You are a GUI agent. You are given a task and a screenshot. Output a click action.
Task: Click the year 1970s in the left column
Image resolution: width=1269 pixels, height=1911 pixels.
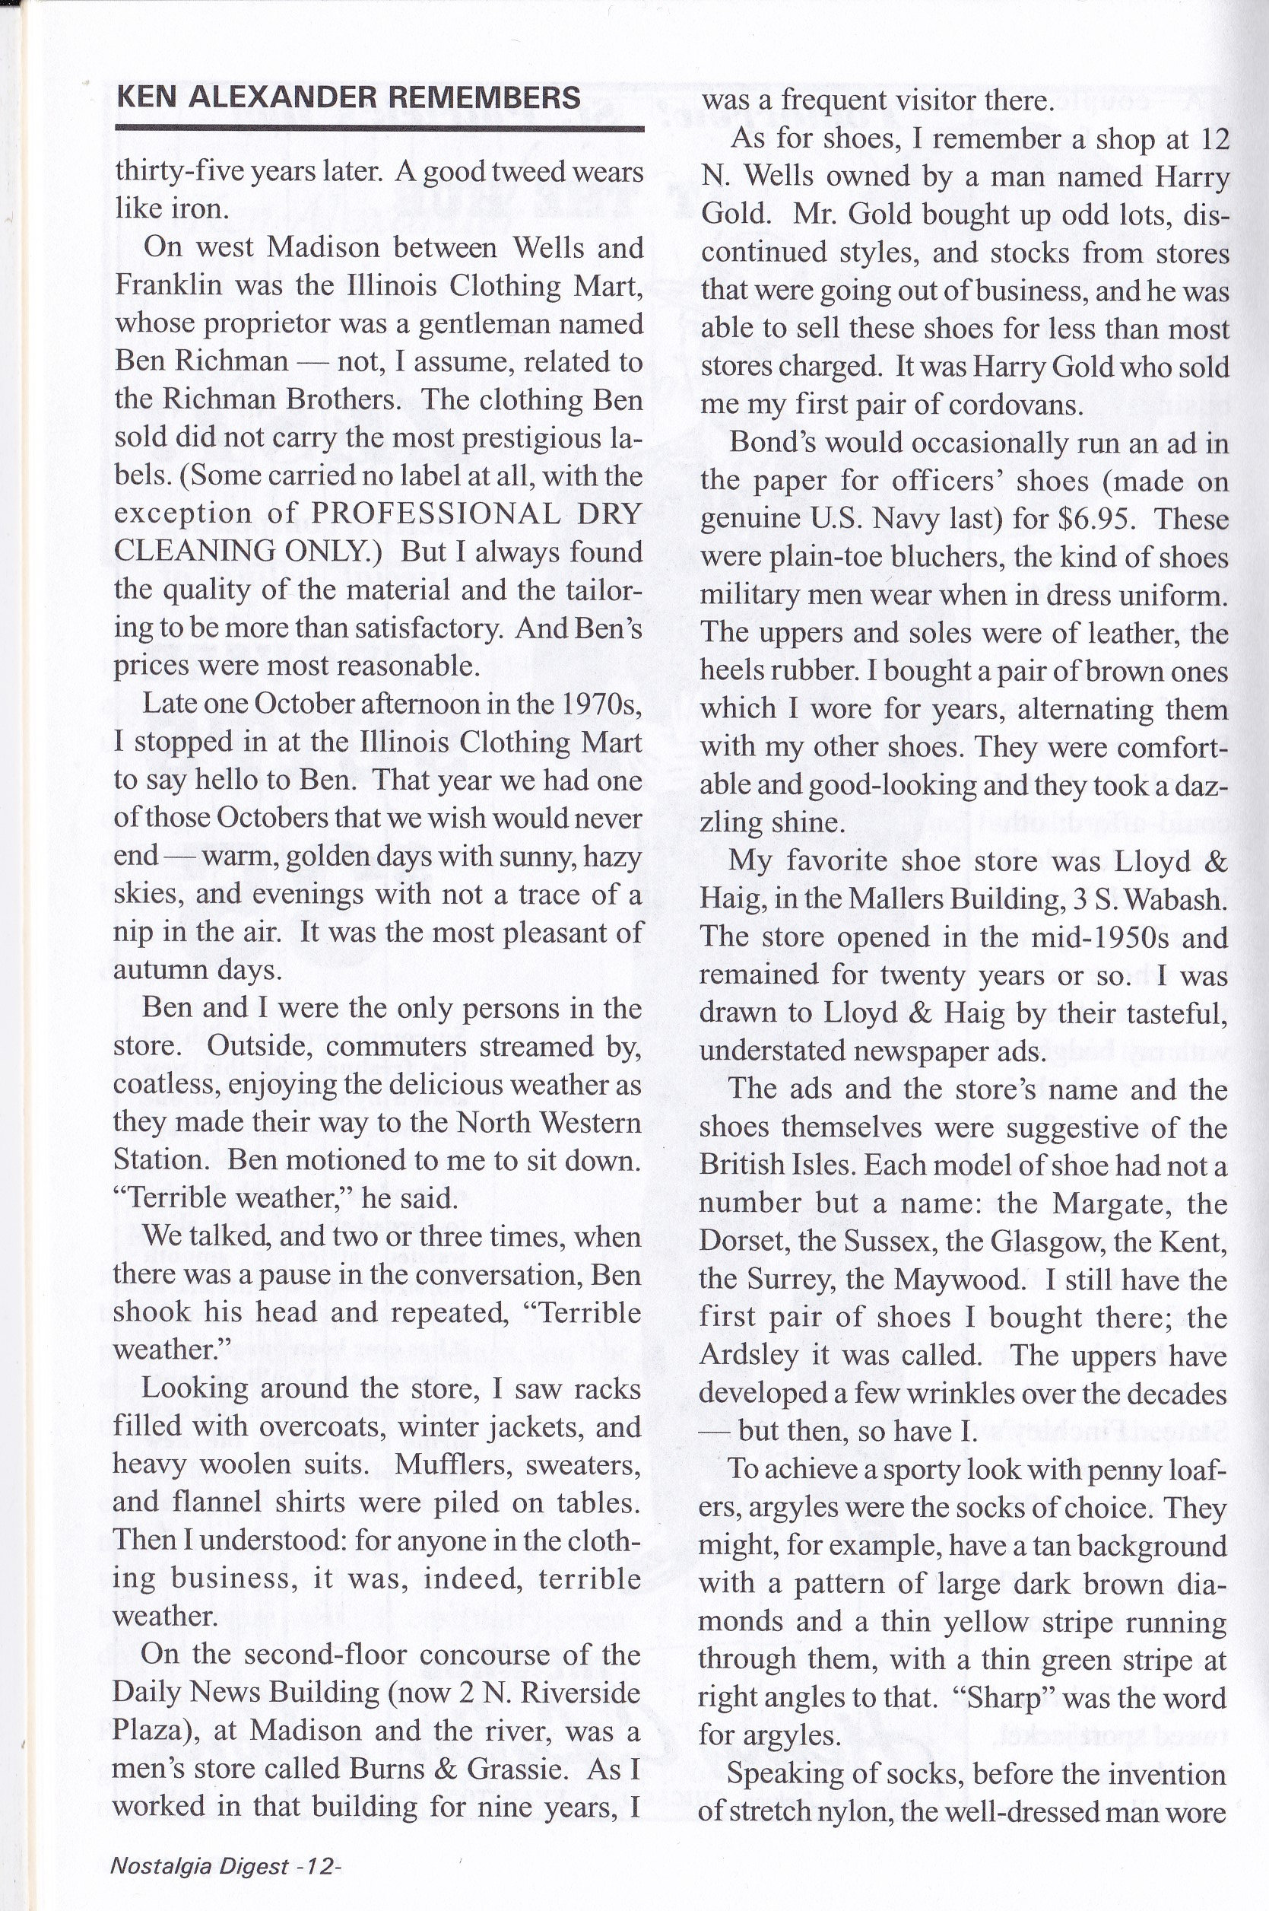[x=600, y=704]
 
